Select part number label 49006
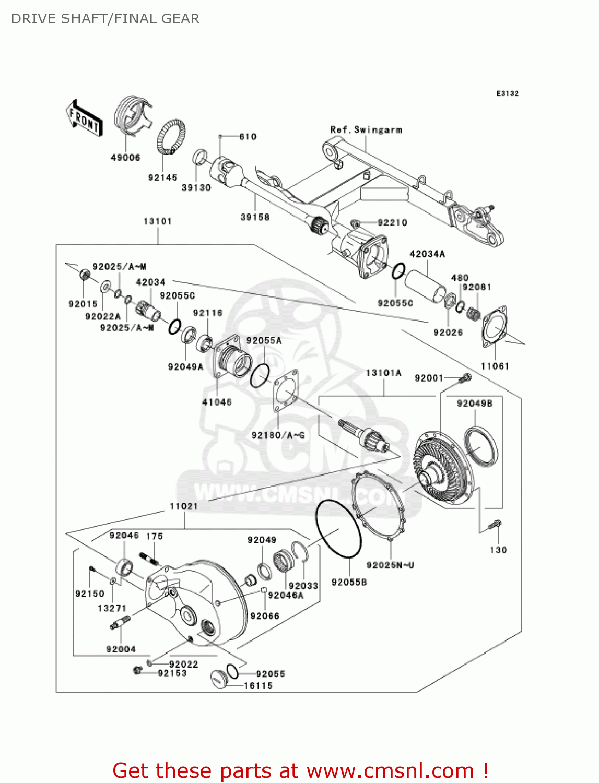coord(125,157)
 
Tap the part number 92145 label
coord(162,177)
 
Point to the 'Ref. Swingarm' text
coord(366,129)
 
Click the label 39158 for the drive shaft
coord(255,217)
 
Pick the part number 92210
coord(392,222)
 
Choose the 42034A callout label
coord(427,254)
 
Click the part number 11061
coord(495,366)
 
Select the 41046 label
coord(217,402)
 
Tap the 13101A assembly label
coord(384,373)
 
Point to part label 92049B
coord(475,404)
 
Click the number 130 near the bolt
coord(498,550)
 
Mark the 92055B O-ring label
coord(349,582)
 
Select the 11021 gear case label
coord(184,506)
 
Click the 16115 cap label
coord(258,685)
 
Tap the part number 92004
coord(121,649)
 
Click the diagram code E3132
coord(507,93)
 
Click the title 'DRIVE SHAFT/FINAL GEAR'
coord(105,19)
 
